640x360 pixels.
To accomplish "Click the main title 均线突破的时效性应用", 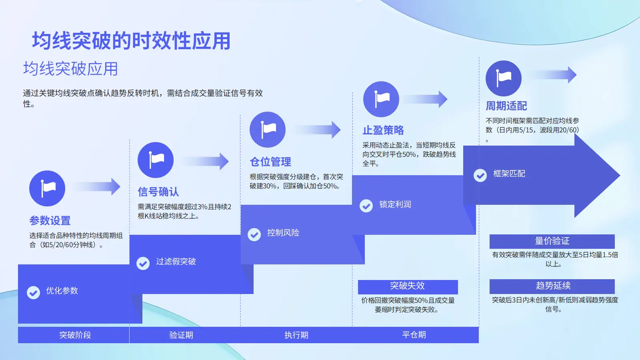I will click(131, 41).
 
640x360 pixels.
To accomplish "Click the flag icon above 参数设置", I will click(47, 188).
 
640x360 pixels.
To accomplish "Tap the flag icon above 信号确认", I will click(156, 160).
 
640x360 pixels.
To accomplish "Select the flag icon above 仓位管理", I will click(268, 130).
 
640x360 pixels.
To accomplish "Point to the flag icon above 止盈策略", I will click(381, 99).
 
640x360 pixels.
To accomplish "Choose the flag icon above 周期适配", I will click(504, 78).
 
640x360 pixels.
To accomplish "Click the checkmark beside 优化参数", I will click(33, 292).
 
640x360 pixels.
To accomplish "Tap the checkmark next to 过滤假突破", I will click(143, 263).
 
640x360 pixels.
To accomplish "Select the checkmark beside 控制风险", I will click(254, 234).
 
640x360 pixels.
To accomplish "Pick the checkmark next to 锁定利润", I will click(366, 206).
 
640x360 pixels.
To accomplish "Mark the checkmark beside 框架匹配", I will click(480, 175).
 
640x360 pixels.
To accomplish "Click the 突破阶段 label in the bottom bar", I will click(75, 335).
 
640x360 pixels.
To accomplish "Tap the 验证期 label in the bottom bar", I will click(181, 335).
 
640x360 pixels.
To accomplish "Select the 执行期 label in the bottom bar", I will click(296, 335).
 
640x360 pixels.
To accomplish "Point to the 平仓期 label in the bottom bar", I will click(414, 335).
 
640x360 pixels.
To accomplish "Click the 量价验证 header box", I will click(552, 241).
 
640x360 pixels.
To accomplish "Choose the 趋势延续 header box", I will click(552, 286).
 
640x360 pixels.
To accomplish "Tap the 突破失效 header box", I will click(408, 286).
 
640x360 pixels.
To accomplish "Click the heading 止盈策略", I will click(383, 130).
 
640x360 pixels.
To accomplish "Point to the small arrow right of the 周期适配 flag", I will click(556, 75).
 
